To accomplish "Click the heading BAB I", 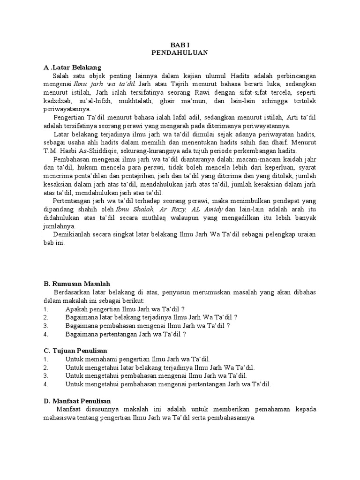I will [x=180, y=45].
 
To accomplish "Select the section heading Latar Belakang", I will [x=75, y=67].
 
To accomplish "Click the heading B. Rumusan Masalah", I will [x=76, y=284].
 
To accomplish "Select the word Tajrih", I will [x=175, y=84].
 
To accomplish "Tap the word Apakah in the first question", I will [x=77, y=309].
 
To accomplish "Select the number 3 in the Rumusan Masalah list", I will [x=45, y=325].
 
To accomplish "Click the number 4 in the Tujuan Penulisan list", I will [x=45, y=384].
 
